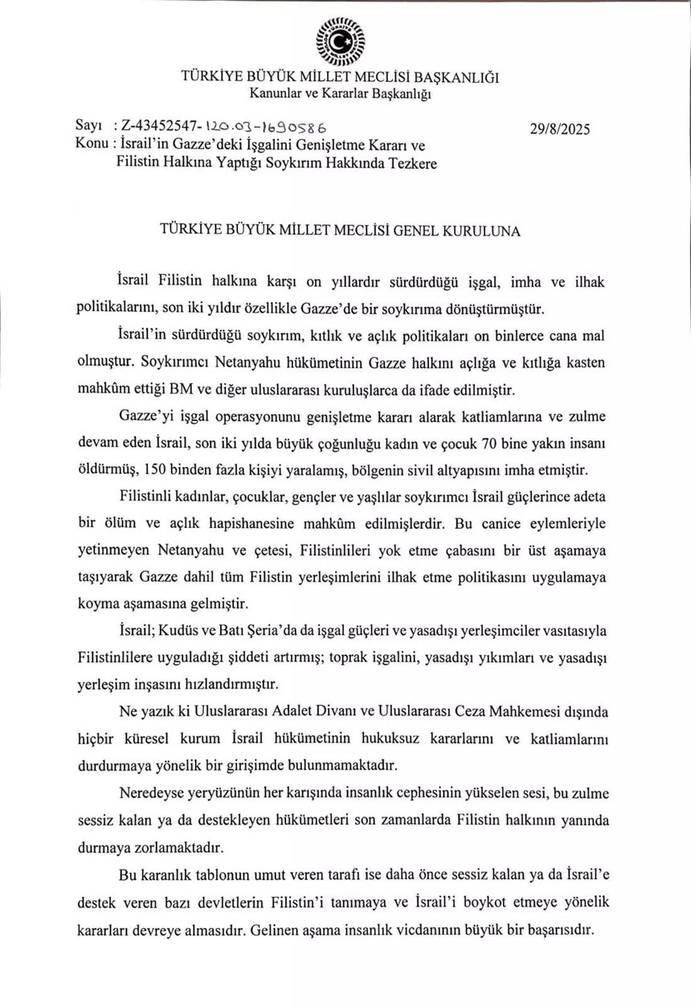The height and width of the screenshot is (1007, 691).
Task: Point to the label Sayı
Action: pyautogui.click(x=88, y=127)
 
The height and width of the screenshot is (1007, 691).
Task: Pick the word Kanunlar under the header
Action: pyautogui.click(x=277, y=95)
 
